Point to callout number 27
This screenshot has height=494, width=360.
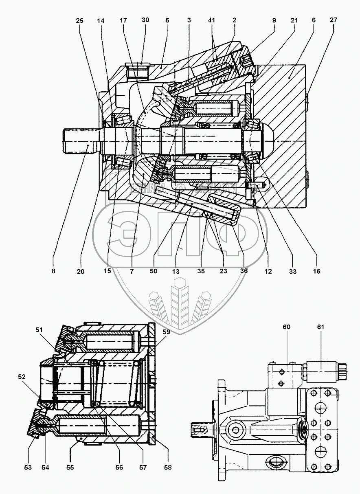point(334,20)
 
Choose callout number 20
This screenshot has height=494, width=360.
point(81,271)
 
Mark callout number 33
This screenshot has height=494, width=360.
point(292,271)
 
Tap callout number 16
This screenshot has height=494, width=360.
point(316,271)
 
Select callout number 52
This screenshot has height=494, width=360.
point(21,377)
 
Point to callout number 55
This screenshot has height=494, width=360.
point(70,468)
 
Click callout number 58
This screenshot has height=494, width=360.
point(167,468)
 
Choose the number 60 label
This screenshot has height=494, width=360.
point(287,327)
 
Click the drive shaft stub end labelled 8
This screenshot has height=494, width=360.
point(79,141)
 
